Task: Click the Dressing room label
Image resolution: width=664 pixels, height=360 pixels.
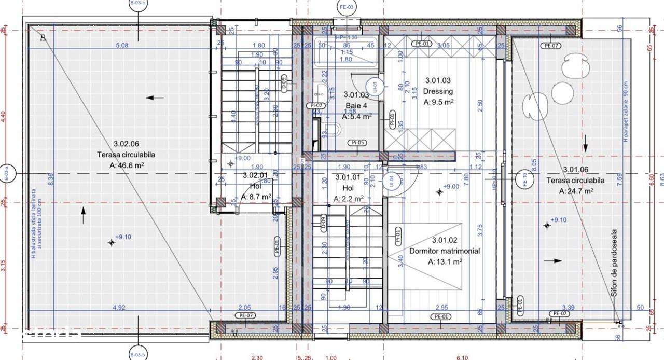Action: click(x=438, y=92)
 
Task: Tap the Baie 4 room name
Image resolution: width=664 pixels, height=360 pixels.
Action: click(x=356, y=106)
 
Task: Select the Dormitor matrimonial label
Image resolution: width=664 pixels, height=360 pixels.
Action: click(x=445, y=251)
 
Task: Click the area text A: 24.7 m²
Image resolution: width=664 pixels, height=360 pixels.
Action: click(x=576, y=191)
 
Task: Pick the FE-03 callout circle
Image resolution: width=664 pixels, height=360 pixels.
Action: click(x=347, y=7)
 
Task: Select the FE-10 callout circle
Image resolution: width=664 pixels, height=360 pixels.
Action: click(x=523, y=179)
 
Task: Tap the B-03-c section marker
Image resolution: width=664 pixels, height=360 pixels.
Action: click(x=137, y=4)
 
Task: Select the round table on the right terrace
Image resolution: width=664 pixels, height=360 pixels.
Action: click(x=562, y=93)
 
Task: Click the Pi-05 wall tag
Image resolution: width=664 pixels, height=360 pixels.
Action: click(x=358, y=143)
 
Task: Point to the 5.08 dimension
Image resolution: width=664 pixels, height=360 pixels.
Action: click(x=122, y=46)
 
